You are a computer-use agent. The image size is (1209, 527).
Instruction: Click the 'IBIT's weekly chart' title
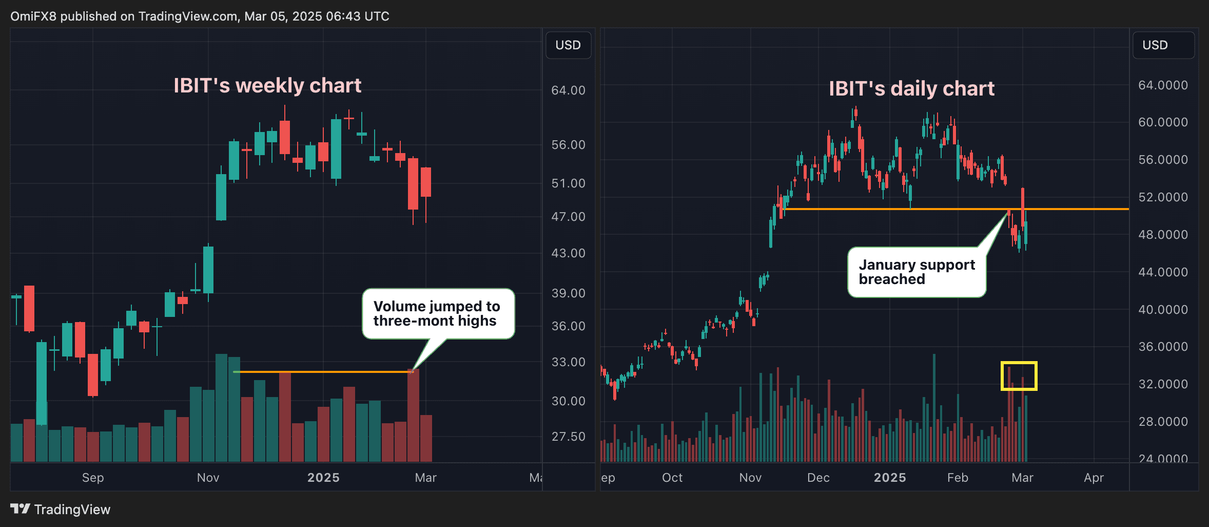267,86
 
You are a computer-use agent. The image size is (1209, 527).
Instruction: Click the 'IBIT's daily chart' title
911,89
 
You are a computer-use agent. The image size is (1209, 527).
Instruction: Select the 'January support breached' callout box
917,272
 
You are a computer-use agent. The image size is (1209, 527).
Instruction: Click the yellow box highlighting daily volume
1019,376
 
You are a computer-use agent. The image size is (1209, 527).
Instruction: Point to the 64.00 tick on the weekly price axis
568,90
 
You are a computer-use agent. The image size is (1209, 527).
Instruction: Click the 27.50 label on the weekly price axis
568,437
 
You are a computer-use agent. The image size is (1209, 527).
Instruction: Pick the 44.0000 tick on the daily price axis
1163,272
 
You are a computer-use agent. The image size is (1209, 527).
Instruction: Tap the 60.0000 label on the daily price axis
1163,122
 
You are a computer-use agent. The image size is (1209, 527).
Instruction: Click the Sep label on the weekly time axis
93,478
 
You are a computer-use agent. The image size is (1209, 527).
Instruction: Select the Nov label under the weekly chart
208,478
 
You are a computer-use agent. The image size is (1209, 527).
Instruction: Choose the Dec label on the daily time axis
818,478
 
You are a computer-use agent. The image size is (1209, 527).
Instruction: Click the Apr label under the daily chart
1094,478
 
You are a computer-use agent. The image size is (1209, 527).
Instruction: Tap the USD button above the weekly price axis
568,45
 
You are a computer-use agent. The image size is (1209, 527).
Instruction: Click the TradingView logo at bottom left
60,509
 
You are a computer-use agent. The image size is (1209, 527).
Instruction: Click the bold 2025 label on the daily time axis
890,478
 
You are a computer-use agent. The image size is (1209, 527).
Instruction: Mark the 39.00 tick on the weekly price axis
568,293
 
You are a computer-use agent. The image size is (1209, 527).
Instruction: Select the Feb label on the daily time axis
958,478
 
